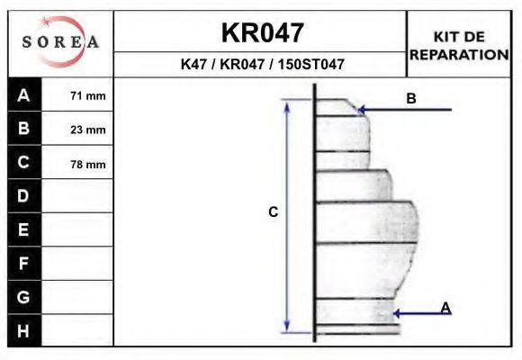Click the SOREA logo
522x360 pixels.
(59, 43)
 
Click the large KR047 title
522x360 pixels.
(262, 33)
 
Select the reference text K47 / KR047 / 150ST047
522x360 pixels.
(262, 65)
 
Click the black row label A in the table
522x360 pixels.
(23, 95)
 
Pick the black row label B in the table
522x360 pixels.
(23, 129)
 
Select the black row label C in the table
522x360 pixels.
(23, 163)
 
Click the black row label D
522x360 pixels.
(23, 196)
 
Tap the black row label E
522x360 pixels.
(23, 229)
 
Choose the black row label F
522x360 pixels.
(23, 264)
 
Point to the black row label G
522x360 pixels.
(23, 297)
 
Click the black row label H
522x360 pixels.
(23, 330)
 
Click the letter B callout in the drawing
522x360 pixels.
(411, 99)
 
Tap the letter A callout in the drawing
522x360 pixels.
(445, 309)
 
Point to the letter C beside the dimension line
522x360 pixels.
(274, 212)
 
